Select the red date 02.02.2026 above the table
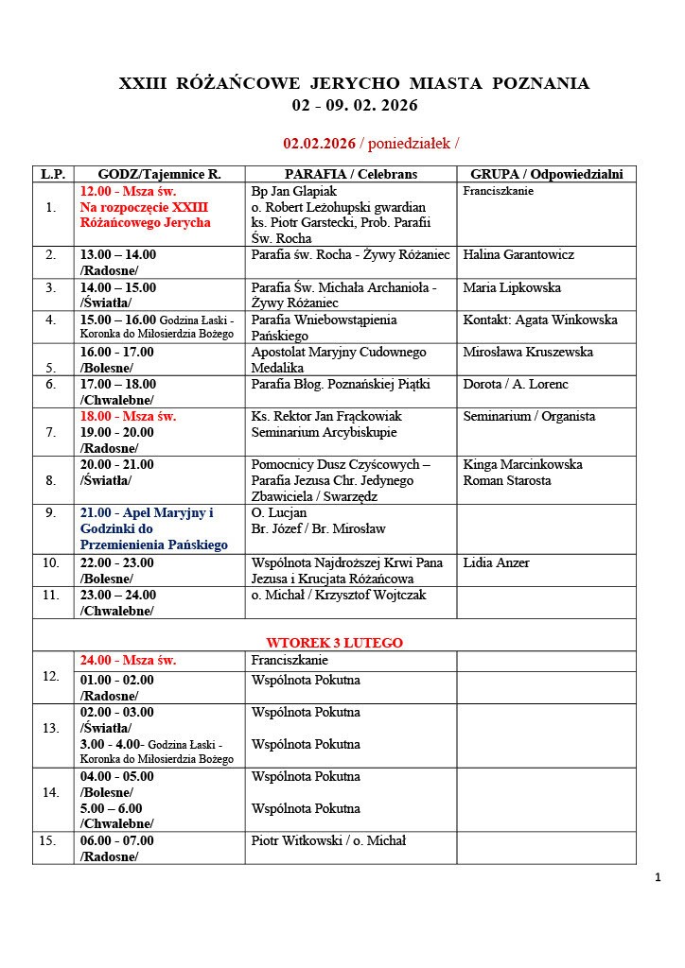coord(319,144)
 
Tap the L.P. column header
coord(51,174)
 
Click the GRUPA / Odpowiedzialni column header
coord(546,174)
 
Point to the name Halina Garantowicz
coord(518,255)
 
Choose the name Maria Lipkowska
coord(512,287)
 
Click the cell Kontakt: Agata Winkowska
coord(539,320)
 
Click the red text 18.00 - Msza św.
coord(129,416)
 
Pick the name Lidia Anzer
coord(497,562)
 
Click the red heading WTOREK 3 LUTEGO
coord(334,643)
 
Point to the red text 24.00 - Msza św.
coord(129,661)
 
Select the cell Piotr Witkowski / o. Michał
coord(328,840)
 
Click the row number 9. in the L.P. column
coord(51,513)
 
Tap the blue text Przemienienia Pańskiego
coord(154,545)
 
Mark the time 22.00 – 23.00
coord(118,562)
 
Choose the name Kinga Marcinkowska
coord(522,464)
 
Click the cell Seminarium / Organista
coord(529,416)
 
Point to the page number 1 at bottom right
coord(657,878)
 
